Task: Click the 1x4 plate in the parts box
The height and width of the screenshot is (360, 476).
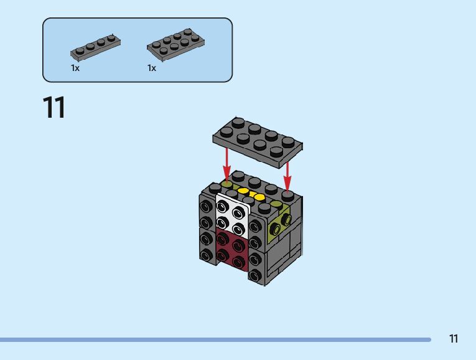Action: coord(95,47)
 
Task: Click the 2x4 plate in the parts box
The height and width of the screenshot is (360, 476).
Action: coord(174,45)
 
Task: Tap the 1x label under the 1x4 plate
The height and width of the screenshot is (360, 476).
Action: coord(75,68)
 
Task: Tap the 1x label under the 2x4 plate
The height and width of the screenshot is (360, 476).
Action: coord(152,68)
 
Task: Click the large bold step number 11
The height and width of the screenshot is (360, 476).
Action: coord(54,108)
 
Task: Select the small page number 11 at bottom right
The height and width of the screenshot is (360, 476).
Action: coord(453,339)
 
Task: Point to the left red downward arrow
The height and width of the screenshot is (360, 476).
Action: coord(227,163)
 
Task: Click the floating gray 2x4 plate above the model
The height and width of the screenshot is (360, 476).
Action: coord(258,141)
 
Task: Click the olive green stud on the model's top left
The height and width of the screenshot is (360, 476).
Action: coord(228,185)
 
